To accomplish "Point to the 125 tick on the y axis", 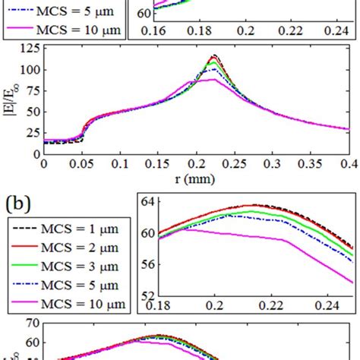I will point(29,49).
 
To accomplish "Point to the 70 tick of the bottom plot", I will point(32,344).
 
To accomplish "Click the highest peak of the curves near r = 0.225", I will point(214,55).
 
